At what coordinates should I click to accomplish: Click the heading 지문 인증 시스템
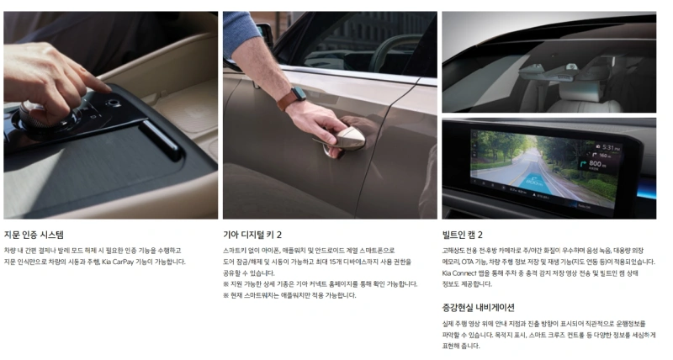click(34, 235)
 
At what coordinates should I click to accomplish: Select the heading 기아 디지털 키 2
click(252, 235)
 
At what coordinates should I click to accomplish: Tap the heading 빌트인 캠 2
click(462, 235)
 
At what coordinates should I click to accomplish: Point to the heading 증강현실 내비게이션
click(478, 308)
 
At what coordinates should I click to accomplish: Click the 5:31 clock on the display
click(608, 147)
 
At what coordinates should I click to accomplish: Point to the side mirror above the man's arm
click(264, 35)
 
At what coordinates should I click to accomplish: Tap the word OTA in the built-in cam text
click(468, 262)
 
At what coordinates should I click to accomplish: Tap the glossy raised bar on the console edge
click(162, 140)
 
